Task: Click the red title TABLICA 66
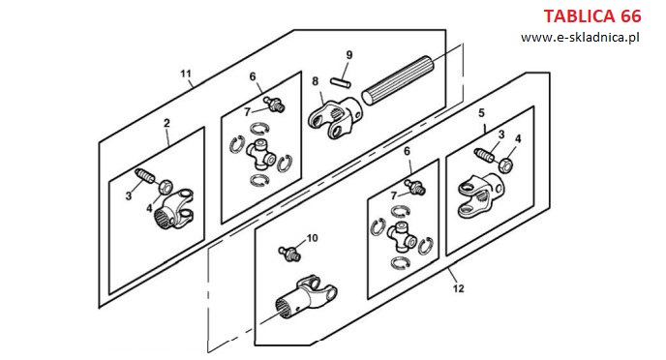(x=592, y=16)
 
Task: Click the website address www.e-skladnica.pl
(x=580, y=38)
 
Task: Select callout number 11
(x=186, y=74)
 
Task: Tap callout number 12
(x=458, y=288)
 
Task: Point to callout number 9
(x=349, y=55)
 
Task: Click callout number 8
(x=316, y=81)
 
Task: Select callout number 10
(x=312, y=238)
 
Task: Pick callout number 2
(x=166, y=123)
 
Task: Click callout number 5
(x=481, y=113)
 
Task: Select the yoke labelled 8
(x=336, y=118)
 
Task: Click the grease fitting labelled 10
(x=289, y=254)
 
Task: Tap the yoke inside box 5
(x=481, y=195)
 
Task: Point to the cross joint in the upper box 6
(x=261, y=153)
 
